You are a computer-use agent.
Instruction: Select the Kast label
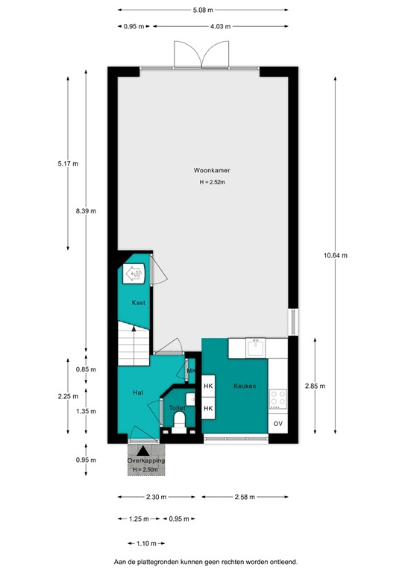point(138,303)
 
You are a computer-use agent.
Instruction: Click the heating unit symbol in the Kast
point(135,275)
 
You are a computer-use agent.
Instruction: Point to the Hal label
point(137,392)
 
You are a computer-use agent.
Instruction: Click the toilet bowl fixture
point(180,423)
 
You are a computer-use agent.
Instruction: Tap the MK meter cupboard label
point(191,372)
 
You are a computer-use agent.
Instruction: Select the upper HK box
point(209,386)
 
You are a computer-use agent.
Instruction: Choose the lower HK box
point(209,409)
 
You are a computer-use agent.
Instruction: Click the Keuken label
point(245,386)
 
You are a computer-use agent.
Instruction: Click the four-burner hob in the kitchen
point(278,398)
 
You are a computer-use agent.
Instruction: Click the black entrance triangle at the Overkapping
point(143,451)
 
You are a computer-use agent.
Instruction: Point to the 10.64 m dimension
point(335,255)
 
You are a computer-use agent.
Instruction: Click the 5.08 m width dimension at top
point(202,10)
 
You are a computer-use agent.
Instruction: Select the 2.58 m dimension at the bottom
point(245,497)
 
